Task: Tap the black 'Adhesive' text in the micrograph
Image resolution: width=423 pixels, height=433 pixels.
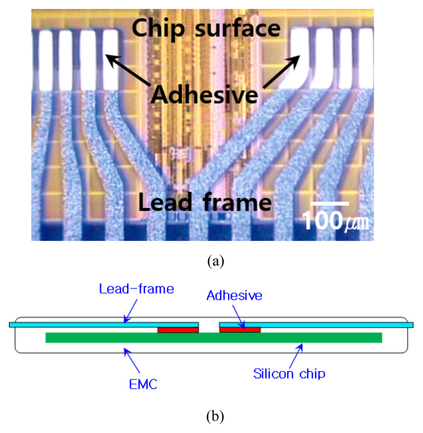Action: click(204, 94)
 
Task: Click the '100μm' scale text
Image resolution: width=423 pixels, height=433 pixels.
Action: click(336, 221)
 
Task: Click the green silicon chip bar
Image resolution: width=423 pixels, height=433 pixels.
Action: click(214, 337)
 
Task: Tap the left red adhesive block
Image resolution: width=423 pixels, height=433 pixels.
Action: click(178, 330)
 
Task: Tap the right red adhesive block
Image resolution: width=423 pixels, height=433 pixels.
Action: click(239, 330)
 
